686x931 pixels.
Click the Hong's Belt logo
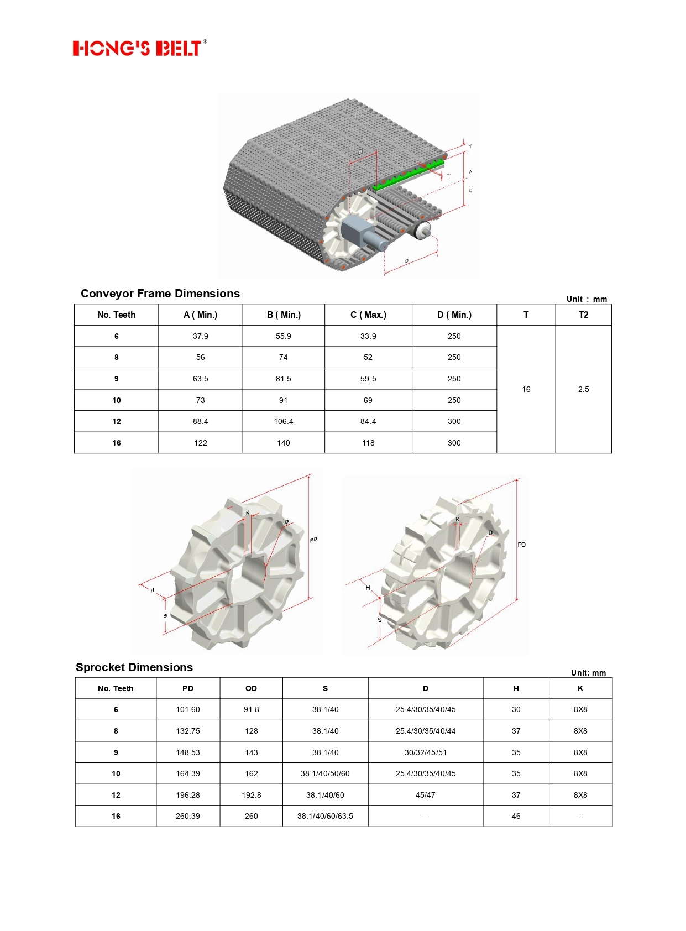(140, 48)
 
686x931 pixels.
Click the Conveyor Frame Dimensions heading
(160, 294)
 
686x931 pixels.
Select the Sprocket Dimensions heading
(134, 667)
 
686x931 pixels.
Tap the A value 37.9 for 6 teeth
(200, 336)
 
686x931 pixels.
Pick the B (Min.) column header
(284, 315)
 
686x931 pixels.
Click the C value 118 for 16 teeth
(368, 443)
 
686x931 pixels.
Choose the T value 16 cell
(526, 389)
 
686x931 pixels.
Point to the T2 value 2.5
(583, 389)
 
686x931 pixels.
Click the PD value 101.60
(188, 709)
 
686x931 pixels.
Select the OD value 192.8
(252, 795)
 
